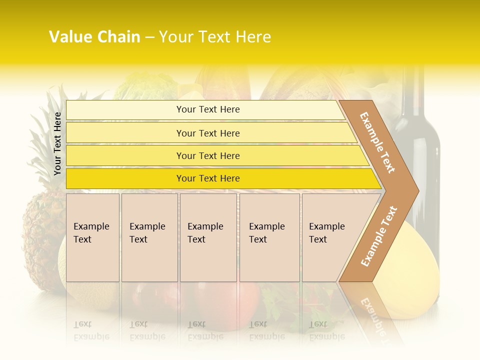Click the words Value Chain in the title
pyautogui.click(x=94, y=37)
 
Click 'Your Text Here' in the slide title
pyautogui.click(x=215, y=37)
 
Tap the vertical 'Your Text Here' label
pyautogui.click(x=57, y=143)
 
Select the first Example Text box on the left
pyautogui.click(x=92, y=237)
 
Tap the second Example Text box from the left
pyautogui.click(x=149, y=237)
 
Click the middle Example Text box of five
pyautogui.click(x=208, y=237)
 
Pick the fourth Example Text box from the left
pyautogui.click(x=269, y=237)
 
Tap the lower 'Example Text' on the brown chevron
pyautogui.click(x=379, y=236)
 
